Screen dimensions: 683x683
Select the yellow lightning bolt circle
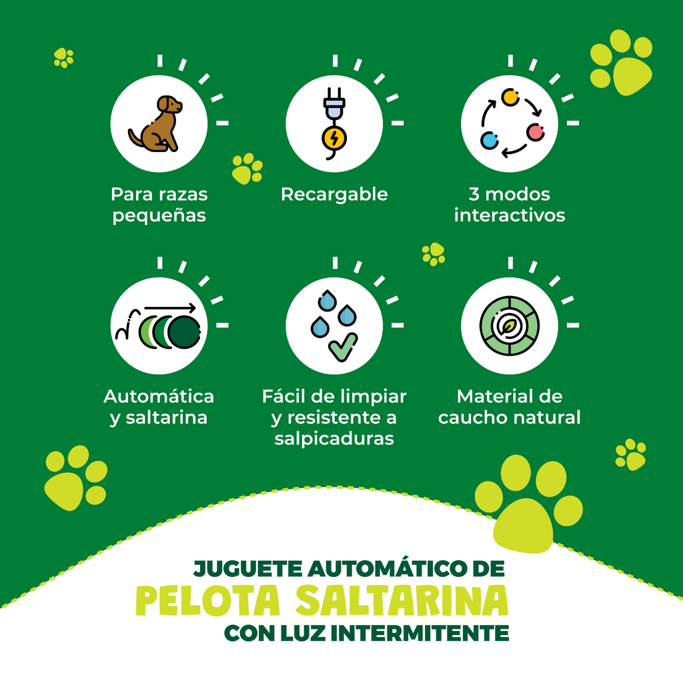coord(334,139)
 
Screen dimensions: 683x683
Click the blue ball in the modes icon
coord(489,140)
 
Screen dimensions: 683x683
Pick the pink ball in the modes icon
coord(536,132)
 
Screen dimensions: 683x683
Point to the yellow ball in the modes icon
coord(510,97)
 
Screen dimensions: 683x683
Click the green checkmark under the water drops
coord(344,347)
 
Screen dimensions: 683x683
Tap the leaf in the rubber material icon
coord(509,325)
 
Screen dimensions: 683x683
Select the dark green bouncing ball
coord(184,332)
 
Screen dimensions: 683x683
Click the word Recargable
coord(334,195)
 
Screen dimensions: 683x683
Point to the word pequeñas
coord(159,216)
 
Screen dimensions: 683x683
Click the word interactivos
coord(509,215)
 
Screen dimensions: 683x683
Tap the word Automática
coord(159,396)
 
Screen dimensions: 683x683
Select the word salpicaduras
coord(334,439)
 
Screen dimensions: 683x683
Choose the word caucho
coord(473,418)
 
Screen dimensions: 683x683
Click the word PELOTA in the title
coord(208,601)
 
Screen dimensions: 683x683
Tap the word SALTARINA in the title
coord(402,601)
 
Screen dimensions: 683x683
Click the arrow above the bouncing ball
coord(170,308)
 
